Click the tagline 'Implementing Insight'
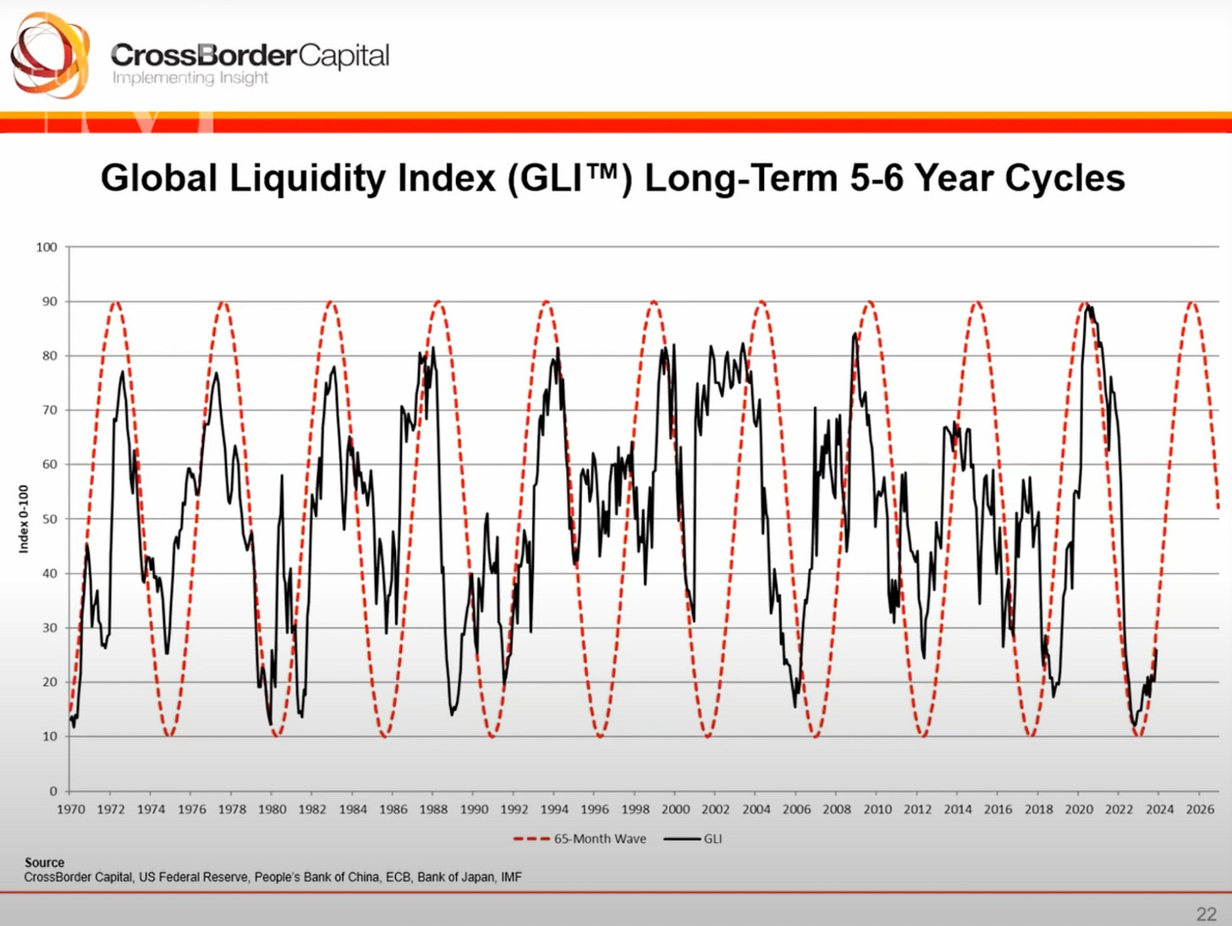click(190, 78)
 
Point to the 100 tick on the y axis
click(47, 247)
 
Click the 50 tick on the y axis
click(49, 519)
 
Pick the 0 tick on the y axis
click(52, 791)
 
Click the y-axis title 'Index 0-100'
click(24, 519)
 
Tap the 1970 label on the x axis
click(71, 809)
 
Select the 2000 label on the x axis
click(675, 809)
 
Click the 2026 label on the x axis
click(1200, 809)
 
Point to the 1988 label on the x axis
click(433, 809)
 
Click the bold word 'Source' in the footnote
click(44, 863)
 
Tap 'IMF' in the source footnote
click(511, 877)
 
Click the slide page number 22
click(1207, 914)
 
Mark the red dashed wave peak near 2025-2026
click(1192, 302)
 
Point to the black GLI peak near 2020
click(1088, 307)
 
